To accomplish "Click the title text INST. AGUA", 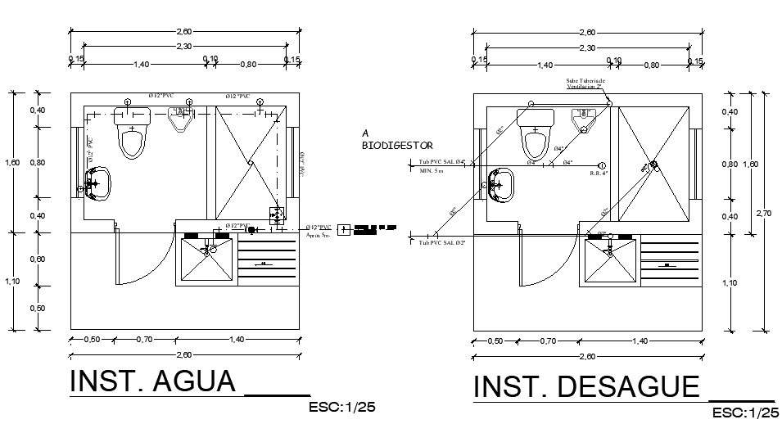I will pos(153,381).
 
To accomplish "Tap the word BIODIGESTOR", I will pos(397,145).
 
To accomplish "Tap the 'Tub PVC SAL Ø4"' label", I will pos(441,163).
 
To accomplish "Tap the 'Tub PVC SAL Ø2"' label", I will pos(441,243).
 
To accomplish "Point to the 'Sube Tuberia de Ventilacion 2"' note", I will pos(585,83).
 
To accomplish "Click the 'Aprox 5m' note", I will pos(318,235).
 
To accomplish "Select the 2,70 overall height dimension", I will pos(763,213).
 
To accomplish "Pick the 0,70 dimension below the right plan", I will pos(548,340).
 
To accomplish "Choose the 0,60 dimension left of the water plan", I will pos(38,259).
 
